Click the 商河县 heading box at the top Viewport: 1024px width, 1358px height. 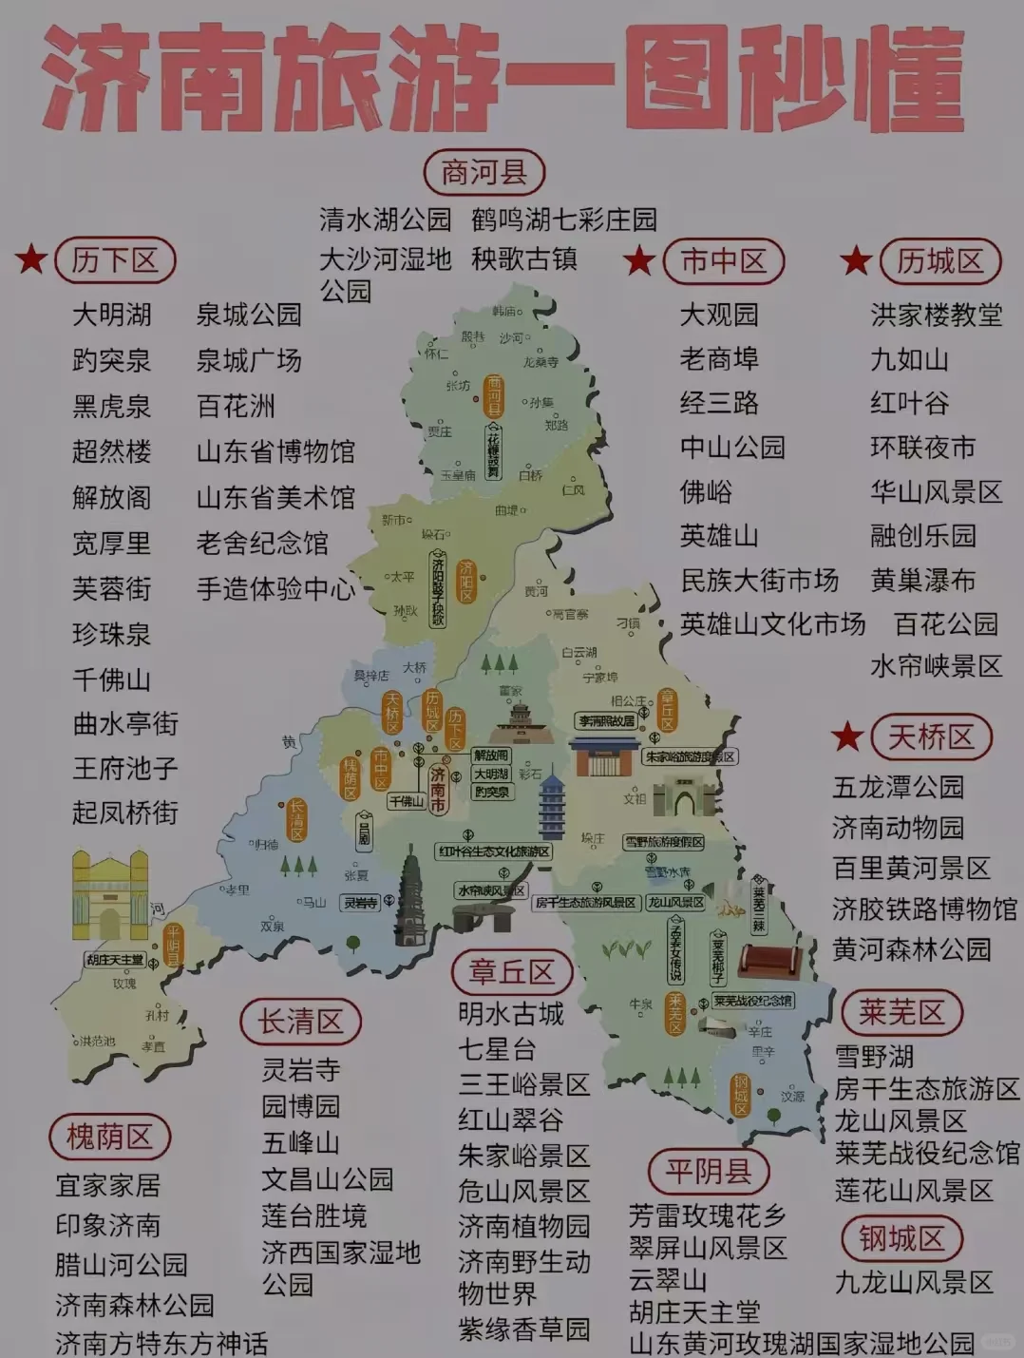(x=484, y=173)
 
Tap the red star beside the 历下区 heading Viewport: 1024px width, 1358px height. (x=31, y=258)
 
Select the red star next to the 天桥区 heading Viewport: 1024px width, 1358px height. (x=846, y=736)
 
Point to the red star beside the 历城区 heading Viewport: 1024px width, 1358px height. (x=856, y=259)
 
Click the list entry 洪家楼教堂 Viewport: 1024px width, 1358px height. (x=936, y=315)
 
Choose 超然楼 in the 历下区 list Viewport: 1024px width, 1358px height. (x=111, y=451)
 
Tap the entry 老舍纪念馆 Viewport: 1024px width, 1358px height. (x=261, y=543)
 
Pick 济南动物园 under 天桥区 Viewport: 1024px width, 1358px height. (x=898, y=828)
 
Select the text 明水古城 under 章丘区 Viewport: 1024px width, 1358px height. (x=510, y=1014)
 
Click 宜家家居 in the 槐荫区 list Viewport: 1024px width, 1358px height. (x=107, y=1185)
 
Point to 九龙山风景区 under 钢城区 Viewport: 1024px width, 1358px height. (x=913, y=1282)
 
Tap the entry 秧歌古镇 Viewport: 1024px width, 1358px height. (x=523, y=258)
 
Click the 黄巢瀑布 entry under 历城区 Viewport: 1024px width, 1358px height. (x=922, y=580)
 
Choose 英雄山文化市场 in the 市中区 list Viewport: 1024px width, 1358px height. (x=772, y=623)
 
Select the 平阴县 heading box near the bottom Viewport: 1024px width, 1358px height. (x=708, y=1171)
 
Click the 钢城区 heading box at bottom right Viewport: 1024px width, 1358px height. (x=901, y=1238)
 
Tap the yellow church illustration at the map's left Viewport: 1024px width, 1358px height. (x=110, y=894)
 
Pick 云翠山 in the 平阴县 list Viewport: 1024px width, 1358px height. (x=667, y=1279)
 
